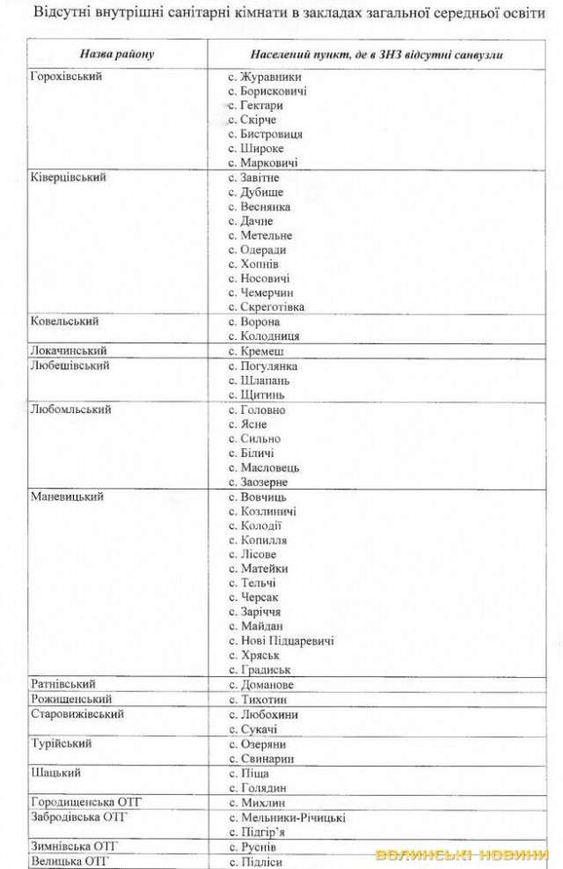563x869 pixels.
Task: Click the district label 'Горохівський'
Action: (x=66, y=77)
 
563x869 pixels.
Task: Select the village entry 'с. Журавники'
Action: (x=264, y=77)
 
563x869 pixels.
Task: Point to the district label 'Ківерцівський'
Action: (x=69, y=177)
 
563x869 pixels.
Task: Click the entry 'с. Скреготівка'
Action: (x=267, y=307)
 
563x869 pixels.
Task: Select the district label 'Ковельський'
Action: (x=64, y=321)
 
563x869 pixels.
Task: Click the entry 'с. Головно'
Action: (x=257, y=410)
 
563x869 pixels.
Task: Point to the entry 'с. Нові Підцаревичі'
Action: (x=281, y=641)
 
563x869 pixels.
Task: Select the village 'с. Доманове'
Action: (x=261, y=684)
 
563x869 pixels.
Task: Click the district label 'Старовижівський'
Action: (x=77, y=714)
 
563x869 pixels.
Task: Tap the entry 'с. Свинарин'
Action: (x=261, y=758)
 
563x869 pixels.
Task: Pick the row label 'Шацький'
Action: (x=55, y=773)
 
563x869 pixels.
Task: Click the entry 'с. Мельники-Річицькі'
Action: (x=287, y=818)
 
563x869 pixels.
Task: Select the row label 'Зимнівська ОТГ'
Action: (x=74, y=846)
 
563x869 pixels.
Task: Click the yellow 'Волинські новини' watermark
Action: (x=462, y=855)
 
